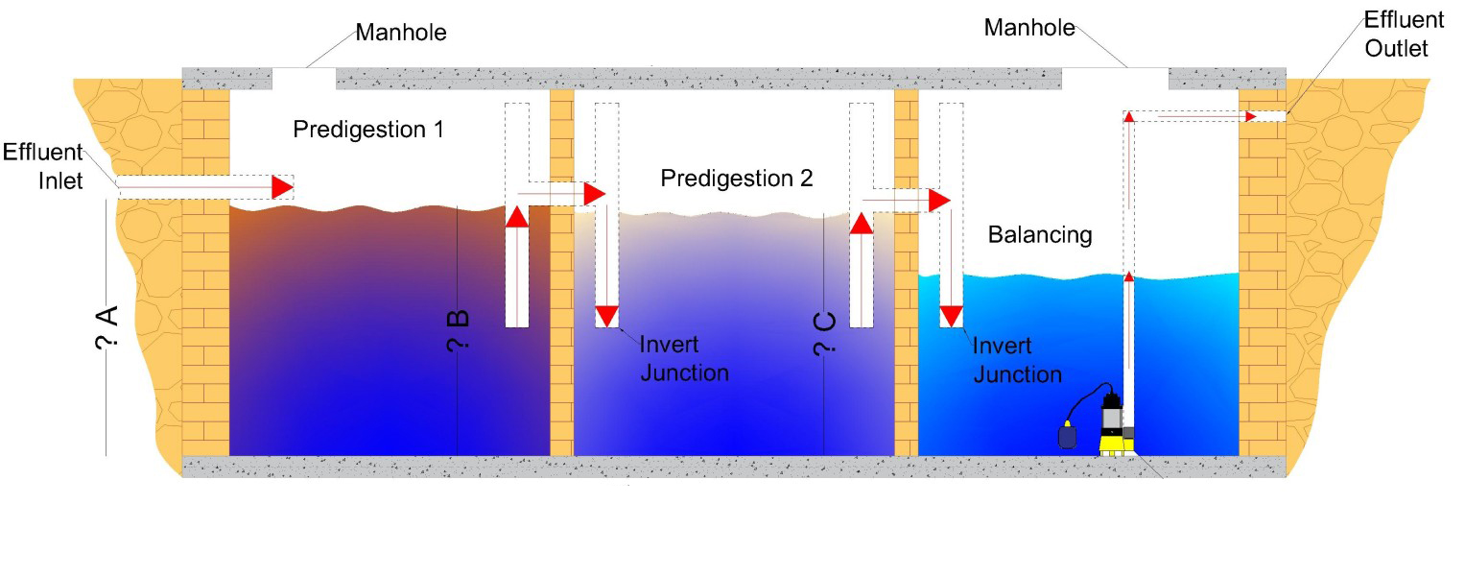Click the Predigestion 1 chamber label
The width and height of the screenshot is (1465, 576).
(x=368, y=129)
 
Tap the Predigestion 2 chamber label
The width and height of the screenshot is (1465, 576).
(x=736, y=179)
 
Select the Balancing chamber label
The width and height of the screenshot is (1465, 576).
(x=1040, y=235)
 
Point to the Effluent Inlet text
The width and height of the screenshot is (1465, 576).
(x=44, y=166)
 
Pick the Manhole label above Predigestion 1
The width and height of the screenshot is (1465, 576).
(x=401, y=34)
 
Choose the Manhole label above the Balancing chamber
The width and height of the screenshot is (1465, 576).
(x=1029, y=28)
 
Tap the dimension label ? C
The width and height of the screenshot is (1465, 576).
(x=824, y=336)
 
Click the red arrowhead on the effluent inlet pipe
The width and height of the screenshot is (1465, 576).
(x=282, y=186)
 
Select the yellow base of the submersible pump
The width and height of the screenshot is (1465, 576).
(x=1117, y=443)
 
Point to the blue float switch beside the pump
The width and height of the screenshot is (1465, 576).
(x=1068, y=436)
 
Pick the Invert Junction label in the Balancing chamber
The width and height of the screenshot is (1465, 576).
(x=1017, y=360)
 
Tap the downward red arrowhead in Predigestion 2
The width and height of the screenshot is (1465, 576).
(x=607, y=316)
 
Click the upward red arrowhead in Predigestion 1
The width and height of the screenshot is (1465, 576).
(x=516, y=216)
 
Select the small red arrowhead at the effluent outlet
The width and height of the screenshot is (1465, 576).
(x=1250, y=116)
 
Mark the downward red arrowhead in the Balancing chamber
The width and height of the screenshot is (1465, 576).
(x=951, y=316)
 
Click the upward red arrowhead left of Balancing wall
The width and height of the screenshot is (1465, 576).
(x=862, y=223)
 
